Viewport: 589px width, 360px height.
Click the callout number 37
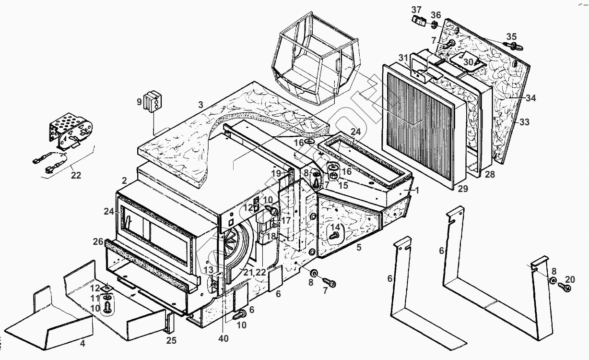tap(416, 10)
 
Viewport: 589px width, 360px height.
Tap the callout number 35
tap(512, 36)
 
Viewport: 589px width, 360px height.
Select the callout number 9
tap(139, 102)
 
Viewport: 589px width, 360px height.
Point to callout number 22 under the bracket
tap(76, 176)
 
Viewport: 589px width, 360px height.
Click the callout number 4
tap(82, 343)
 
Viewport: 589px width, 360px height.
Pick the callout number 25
tap(171, 341)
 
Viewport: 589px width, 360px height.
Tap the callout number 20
tap(570, 280)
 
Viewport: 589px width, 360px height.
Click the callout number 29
tap(462, 189)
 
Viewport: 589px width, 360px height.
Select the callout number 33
tap(524, 122)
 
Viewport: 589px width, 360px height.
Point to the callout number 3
tap(201, 104)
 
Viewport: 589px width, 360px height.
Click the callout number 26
tap(98, 241)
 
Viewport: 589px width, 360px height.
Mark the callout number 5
tap(358, 248)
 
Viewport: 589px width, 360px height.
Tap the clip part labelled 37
tap(420, 21)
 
